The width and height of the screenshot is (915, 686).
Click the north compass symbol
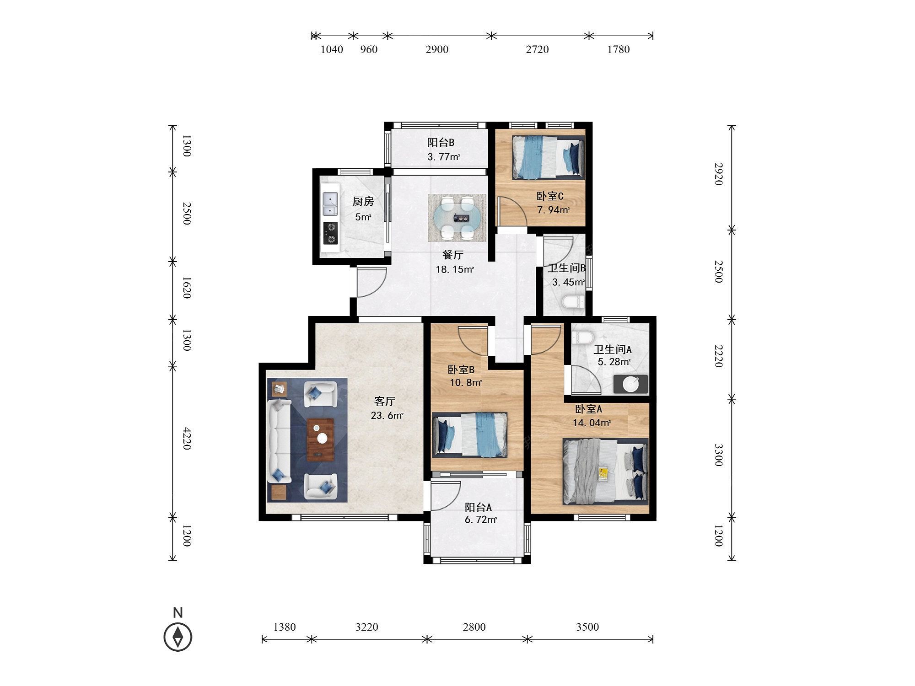[x=178, y=636]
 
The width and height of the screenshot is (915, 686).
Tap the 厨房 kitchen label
[x=363, y=201]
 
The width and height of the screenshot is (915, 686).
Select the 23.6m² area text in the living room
[x=387, y=416]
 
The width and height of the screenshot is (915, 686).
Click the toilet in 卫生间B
[x=573, y=302]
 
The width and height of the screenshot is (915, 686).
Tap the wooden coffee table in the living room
[x=320, y=439]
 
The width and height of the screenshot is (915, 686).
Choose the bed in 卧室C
[x=548, y=157]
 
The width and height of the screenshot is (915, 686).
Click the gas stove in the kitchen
[x=330, y=233]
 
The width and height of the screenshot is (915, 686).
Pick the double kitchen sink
[x=330, y=204]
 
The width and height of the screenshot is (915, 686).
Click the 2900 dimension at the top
[x=437, y=49]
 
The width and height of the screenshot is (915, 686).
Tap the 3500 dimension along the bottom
[x=587, y=627]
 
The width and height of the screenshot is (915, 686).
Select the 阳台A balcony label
[x=478, y=507]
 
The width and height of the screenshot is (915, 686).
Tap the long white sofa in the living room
[x=279, y=440]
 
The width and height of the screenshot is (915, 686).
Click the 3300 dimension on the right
[x=718, y=455]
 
